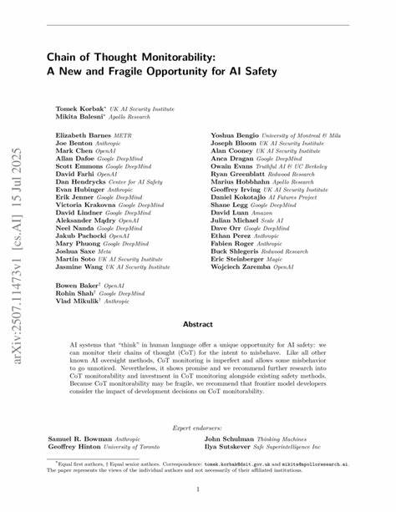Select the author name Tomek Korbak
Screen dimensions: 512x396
point(79,109)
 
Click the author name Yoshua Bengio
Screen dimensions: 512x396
point(234,134)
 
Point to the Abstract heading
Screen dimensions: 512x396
point(197,324)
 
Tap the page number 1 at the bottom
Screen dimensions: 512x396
point(197,489)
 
